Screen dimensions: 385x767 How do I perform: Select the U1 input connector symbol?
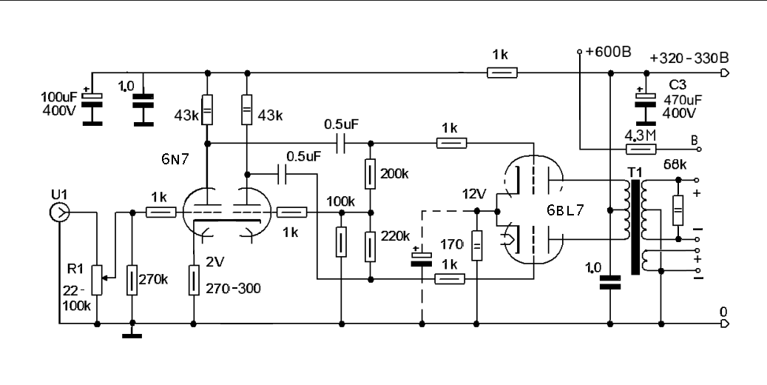click(57, 213)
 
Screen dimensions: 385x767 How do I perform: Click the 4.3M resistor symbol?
click(637, 149)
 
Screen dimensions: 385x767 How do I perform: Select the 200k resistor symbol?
click(371, 174)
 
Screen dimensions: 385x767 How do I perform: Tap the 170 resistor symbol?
click(477, 242)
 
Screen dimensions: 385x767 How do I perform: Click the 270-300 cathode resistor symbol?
click(193, 281)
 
